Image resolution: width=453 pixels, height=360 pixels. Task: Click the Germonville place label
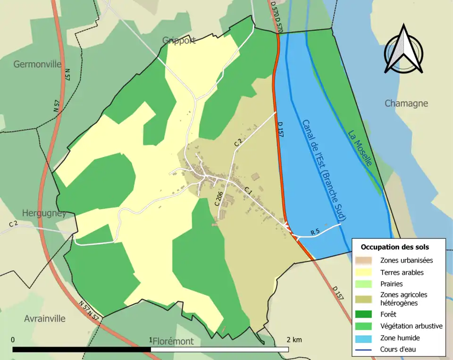37,64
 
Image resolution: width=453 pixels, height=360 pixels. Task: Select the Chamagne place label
406,103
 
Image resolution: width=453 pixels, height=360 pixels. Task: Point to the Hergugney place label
43,213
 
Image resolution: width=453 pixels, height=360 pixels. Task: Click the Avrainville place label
45,318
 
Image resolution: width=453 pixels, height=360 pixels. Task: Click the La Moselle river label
360,148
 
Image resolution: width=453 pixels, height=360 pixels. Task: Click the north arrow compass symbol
403,50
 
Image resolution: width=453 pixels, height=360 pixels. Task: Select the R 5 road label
315,232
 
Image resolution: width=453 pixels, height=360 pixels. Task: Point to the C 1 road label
248,191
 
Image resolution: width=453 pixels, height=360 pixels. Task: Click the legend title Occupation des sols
394,247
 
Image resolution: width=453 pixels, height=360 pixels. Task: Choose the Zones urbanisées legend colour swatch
365,260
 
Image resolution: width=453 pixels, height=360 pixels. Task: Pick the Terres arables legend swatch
365,272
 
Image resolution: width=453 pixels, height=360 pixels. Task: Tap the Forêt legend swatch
365,314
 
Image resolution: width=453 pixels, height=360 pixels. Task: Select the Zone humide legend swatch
365,338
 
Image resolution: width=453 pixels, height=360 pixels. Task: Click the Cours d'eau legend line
365,350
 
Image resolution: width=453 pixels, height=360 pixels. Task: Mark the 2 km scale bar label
294,340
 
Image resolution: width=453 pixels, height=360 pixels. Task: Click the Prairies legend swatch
365,284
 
